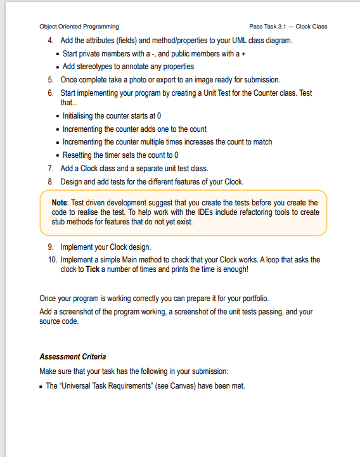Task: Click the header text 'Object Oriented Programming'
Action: [x=79, y=27]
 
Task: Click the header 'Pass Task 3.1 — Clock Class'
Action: [x=288, y=27]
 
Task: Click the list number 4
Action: [x=50, y=41]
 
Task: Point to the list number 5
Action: [x=50, y=80]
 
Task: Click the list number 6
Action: [x=50, y=93]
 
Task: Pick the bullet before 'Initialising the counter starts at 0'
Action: [x=57, y=116]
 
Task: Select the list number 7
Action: [x=50, y=169]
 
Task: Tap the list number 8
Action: [x=50, y=182]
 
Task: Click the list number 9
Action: [x=50, y=247]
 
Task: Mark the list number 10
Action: [x=51, y=259]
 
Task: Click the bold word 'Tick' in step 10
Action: [x=93, y=269]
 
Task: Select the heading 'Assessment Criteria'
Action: [x=72, y=356]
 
